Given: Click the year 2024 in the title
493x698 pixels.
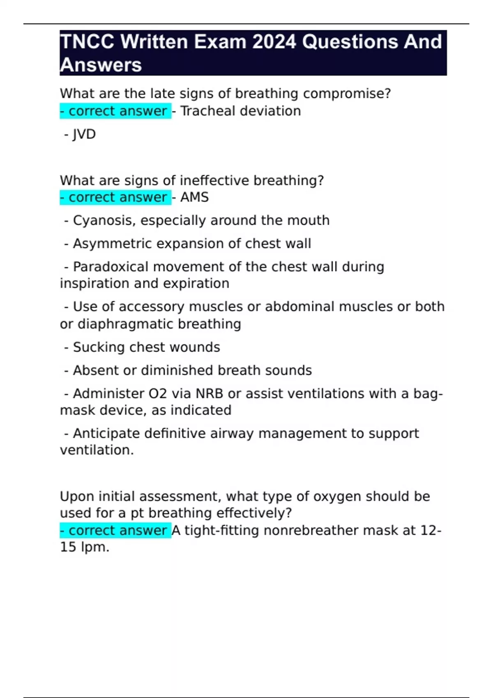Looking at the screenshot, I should pos(274,42).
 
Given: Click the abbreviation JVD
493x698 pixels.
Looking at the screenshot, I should pos(84,134).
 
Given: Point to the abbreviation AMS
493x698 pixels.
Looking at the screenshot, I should pos(194,197).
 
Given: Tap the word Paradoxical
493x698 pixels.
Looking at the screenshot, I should pos(111,267).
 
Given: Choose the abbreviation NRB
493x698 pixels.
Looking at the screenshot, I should pos(209,394).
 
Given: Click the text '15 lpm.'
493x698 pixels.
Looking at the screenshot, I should pos(85,547).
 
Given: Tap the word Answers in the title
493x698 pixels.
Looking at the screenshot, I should pos(101,65).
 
